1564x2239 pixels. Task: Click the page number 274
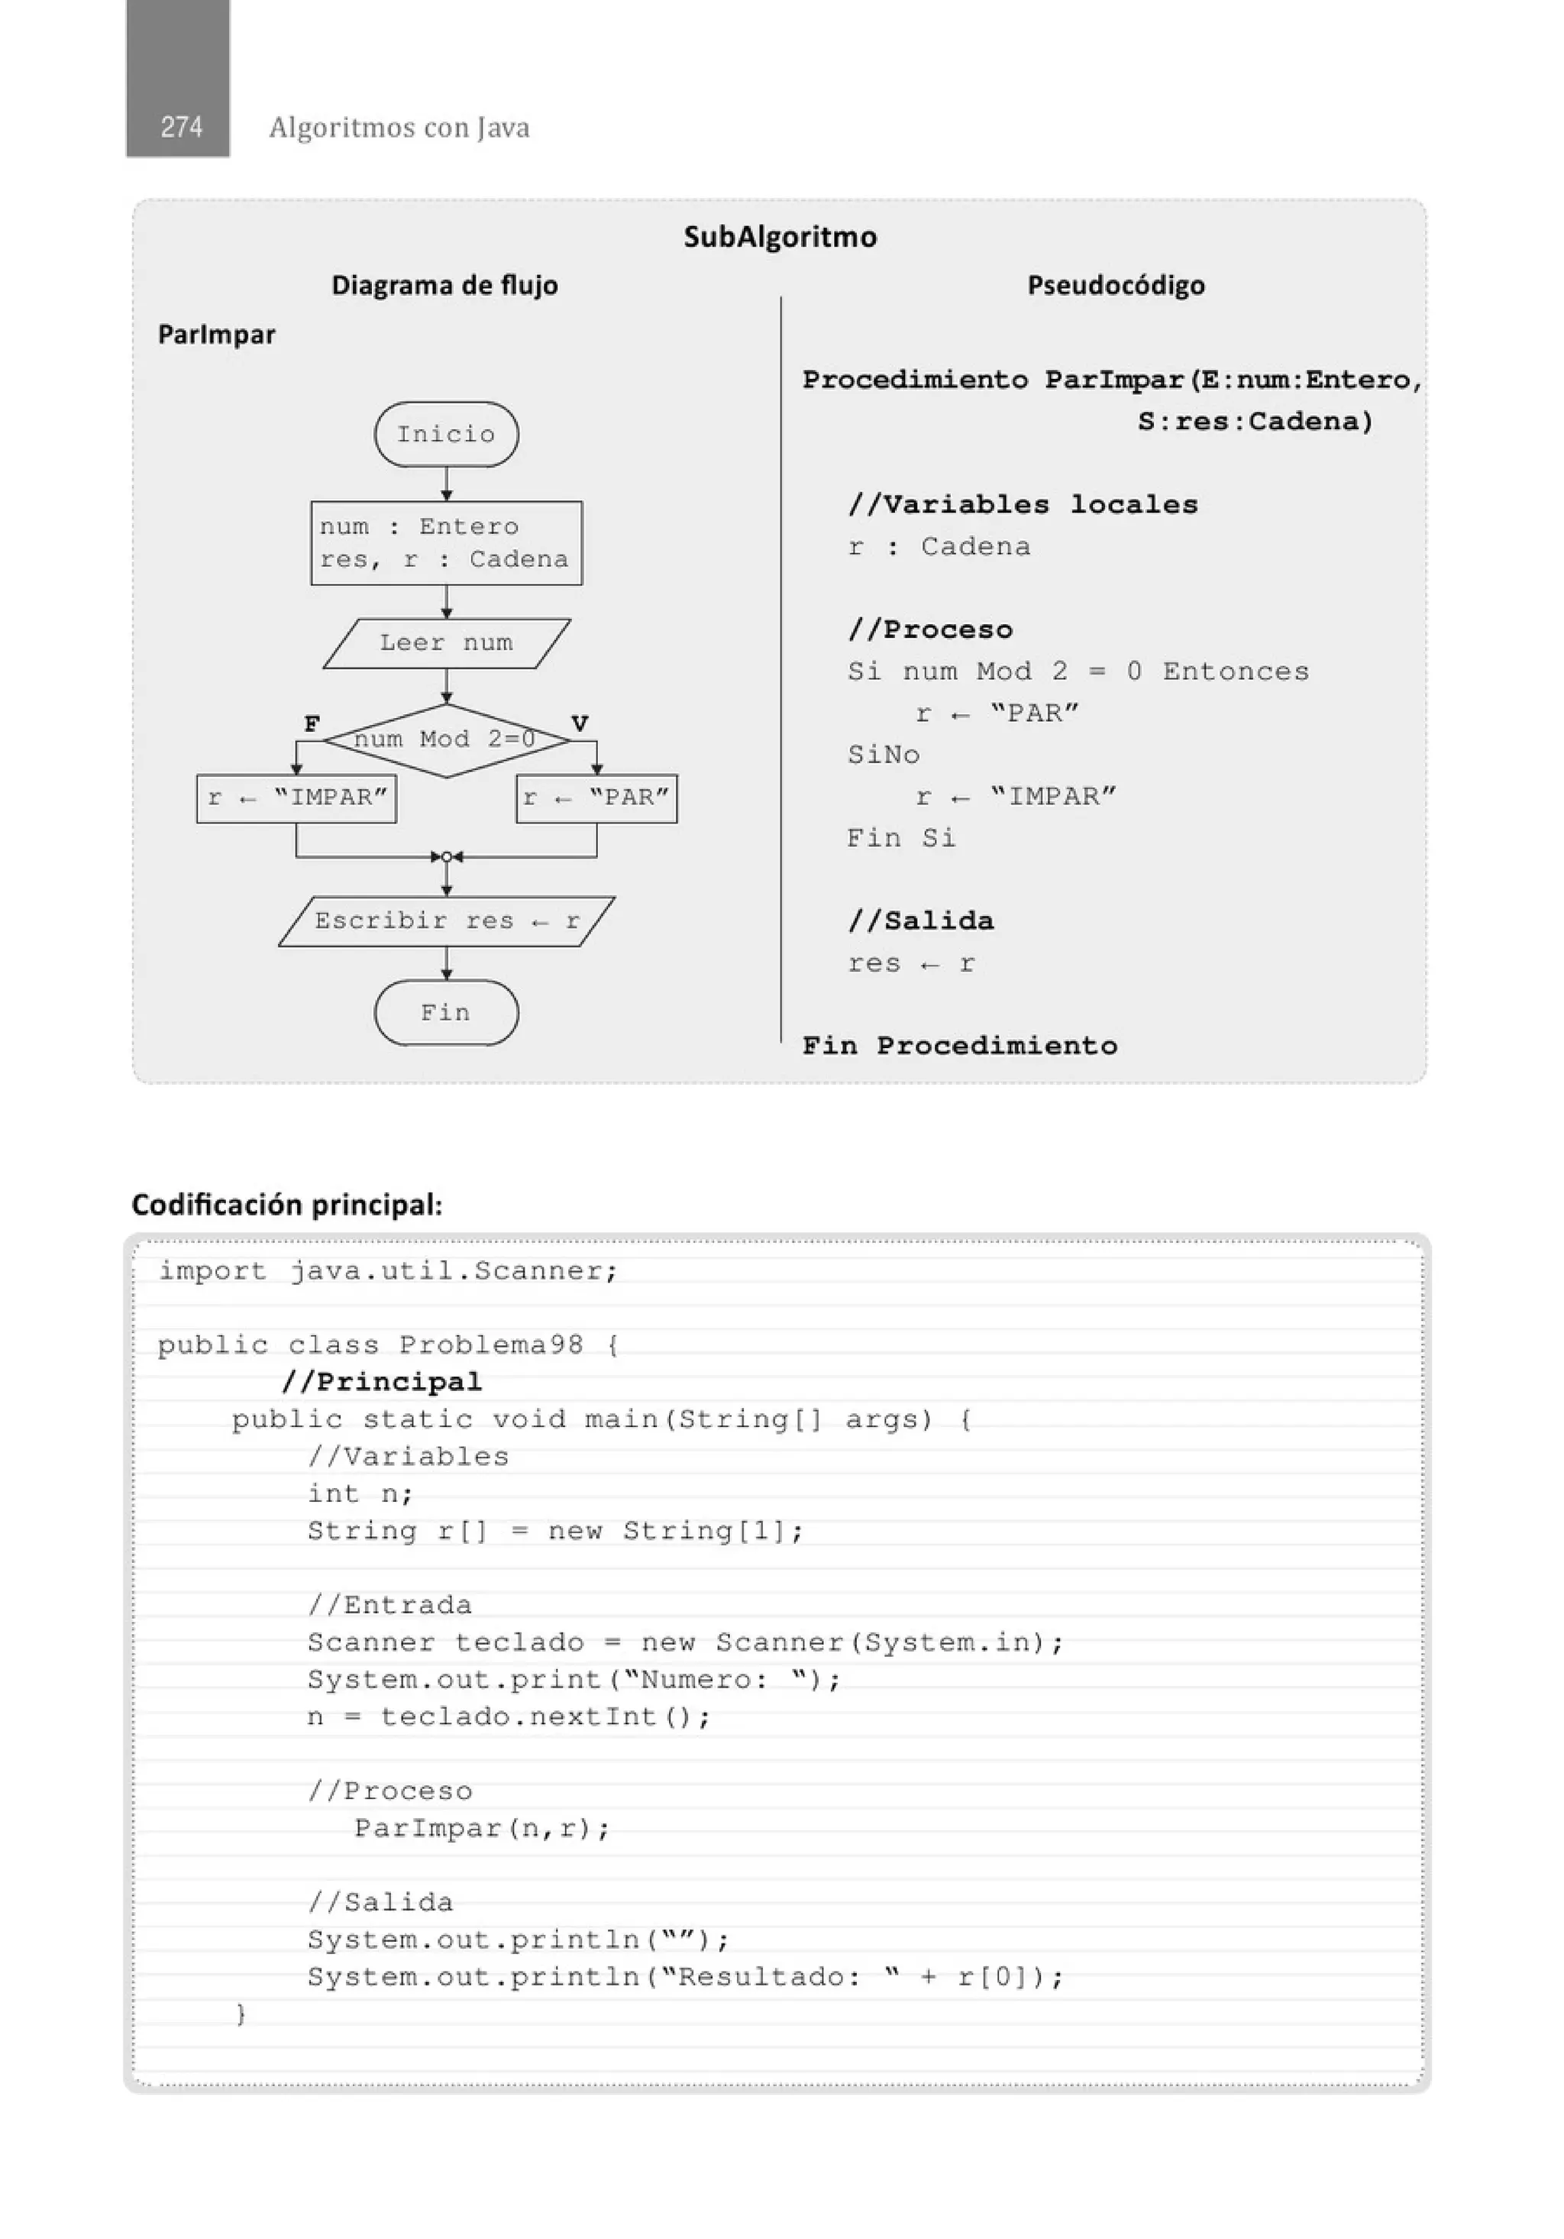click(x=181, y=127)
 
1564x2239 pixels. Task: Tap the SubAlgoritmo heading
click(x=780, y=237)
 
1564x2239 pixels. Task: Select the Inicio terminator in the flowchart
click(x=447, y=434)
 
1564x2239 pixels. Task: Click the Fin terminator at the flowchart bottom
click(x=447, y=1012)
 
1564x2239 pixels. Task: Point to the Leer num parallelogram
click(x=447, y=642)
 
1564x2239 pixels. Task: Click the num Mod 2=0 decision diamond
click(x=446, y=740)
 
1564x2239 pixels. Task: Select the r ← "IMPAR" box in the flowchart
click(x=296, y=798)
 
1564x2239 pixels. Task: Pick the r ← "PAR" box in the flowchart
click(x=596, y=798)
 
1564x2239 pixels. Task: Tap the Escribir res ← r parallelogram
click(x=447, y=921)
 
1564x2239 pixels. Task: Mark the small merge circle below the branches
click(x=447, y=857)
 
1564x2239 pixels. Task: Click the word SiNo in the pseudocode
click(x=884, y=755)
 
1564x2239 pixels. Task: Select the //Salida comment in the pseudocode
click(x=920, y=921)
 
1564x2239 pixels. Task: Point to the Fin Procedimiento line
click(x=959, y=1045)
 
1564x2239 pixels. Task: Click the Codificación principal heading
click(x=286, y=1205)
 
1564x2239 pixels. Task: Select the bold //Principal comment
click(x=381, y=1382)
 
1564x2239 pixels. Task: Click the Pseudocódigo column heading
click(x=1116, y=286)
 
